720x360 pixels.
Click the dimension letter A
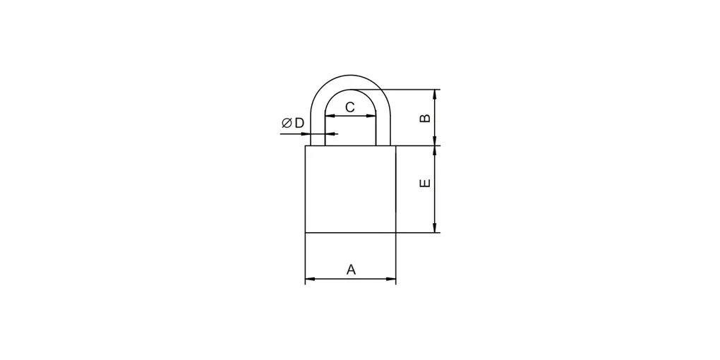(x=351, y=270)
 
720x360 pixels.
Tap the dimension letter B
(x=426, y=118)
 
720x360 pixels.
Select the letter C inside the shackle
(x=350, y=107)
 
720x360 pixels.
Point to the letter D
(x=299, y=123)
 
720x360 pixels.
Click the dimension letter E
(x=426, y=183)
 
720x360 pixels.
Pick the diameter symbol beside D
(x=287, y=123)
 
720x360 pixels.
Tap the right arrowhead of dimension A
(x=391, y=278)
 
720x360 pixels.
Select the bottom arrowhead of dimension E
(x=434, y=228)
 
